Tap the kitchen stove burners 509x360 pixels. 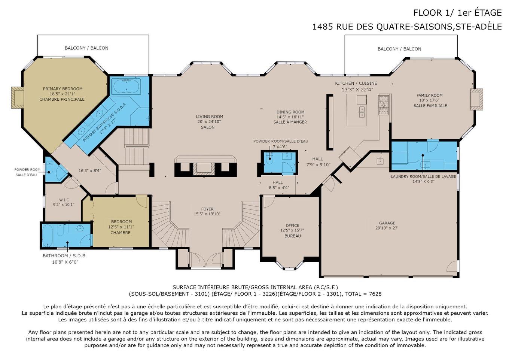tap(384, 105)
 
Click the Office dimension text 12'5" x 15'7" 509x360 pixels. tap(292, 230)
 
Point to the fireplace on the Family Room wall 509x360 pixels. tap(476, 99)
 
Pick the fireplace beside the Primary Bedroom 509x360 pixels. tap(18, 97)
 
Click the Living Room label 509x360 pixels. tap(210, 117)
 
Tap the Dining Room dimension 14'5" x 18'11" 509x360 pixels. tap(290, 117)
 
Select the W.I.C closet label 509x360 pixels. tap(64, 200)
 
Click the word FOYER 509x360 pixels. tap(207, 209)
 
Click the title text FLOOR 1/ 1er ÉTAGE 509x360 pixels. tap(457, 13)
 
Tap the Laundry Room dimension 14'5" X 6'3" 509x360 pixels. tap(424, 181)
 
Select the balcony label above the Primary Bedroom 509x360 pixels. tap(86, 48)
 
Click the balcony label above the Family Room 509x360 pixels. tap(399, 49)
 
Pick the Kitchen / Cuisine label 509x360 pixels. tap(356, 84)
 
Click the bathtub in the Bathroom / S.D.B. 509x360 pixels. tap(47, 236)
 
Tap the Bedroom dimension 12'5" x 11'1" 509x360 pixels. tap(121, 227)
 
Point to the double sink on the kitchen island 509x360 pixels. tap(362, 112)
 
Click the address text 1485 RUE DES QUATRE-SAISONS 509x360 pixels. tap(382, 27)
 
